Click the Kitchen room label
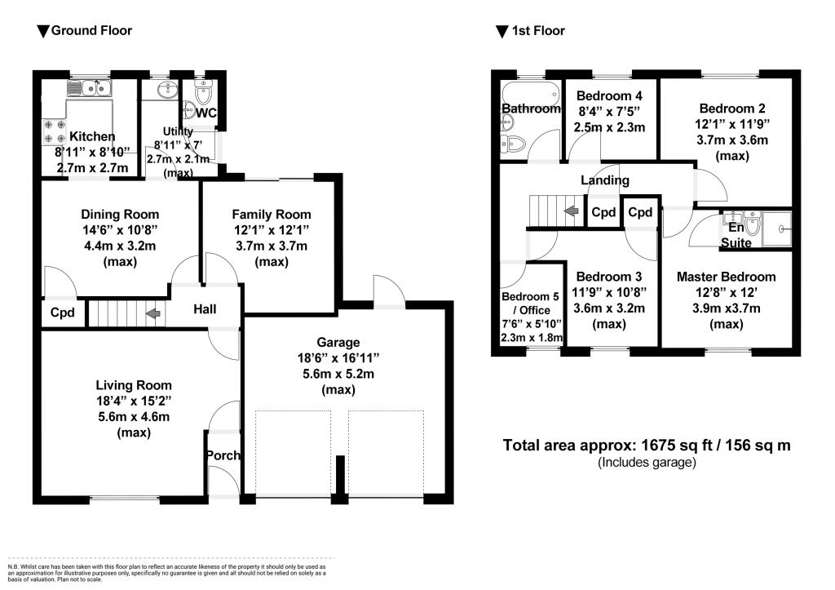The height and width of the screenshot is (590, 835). tap(92, 136)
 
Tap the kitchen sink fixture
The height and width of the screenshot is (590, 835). tap(89, 88)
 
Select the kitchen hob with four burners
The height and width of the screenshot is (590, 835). tap(55, 131)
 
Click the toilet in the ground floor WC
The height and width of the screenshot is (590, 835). tap(203, 93)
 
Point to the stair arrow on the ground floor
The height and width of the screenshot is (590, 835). tap(153, 313)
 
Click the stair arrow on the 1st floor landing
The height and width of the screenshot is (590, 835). tap(572, 211)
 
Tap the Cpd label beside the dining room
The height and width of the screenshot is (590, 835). tap(62, 313)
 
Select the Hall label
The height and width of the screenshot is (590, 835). tap(205, 309)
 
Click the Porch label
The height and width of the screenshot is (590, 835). tap(223, 455)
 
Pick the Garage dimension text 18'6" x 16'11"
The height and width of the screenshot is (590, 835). tap(338, 358)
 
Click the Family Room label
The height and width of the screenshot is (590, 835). tap(272, 215)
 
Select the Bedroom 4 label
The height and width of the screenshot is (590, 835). tap(609, 96)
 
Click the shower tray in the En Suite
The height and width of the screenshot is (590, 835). tap(776, 228)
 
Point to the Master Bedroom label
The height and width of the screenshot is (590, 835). tap(727, 277)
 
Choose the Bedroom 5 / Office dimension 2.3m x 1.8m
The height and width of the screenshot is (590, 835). tap(532, 337)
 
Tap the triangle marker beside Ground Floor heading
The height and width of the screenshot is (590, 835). tap(43, 32)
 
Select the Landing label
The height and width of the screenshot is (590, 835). tap(605, 180)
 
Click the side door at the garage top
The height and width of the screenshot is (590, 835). tap(389, 291)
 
